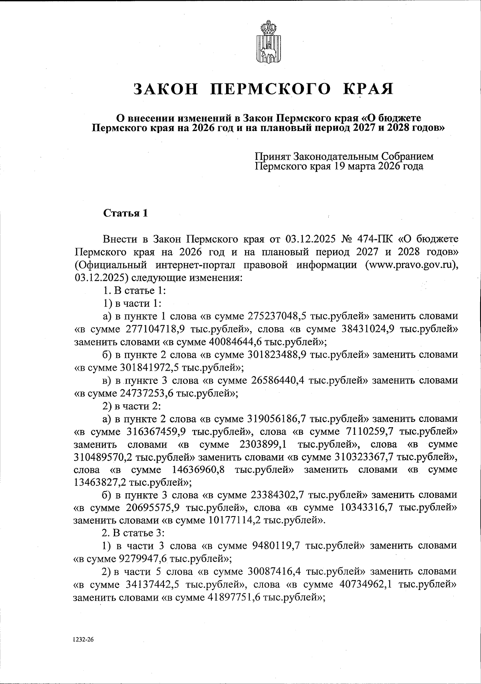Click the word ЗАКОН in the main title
[x=166, y=89]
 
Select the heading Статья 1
[x=126, y=213]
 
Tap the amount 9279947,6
[x=145, y=559]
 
